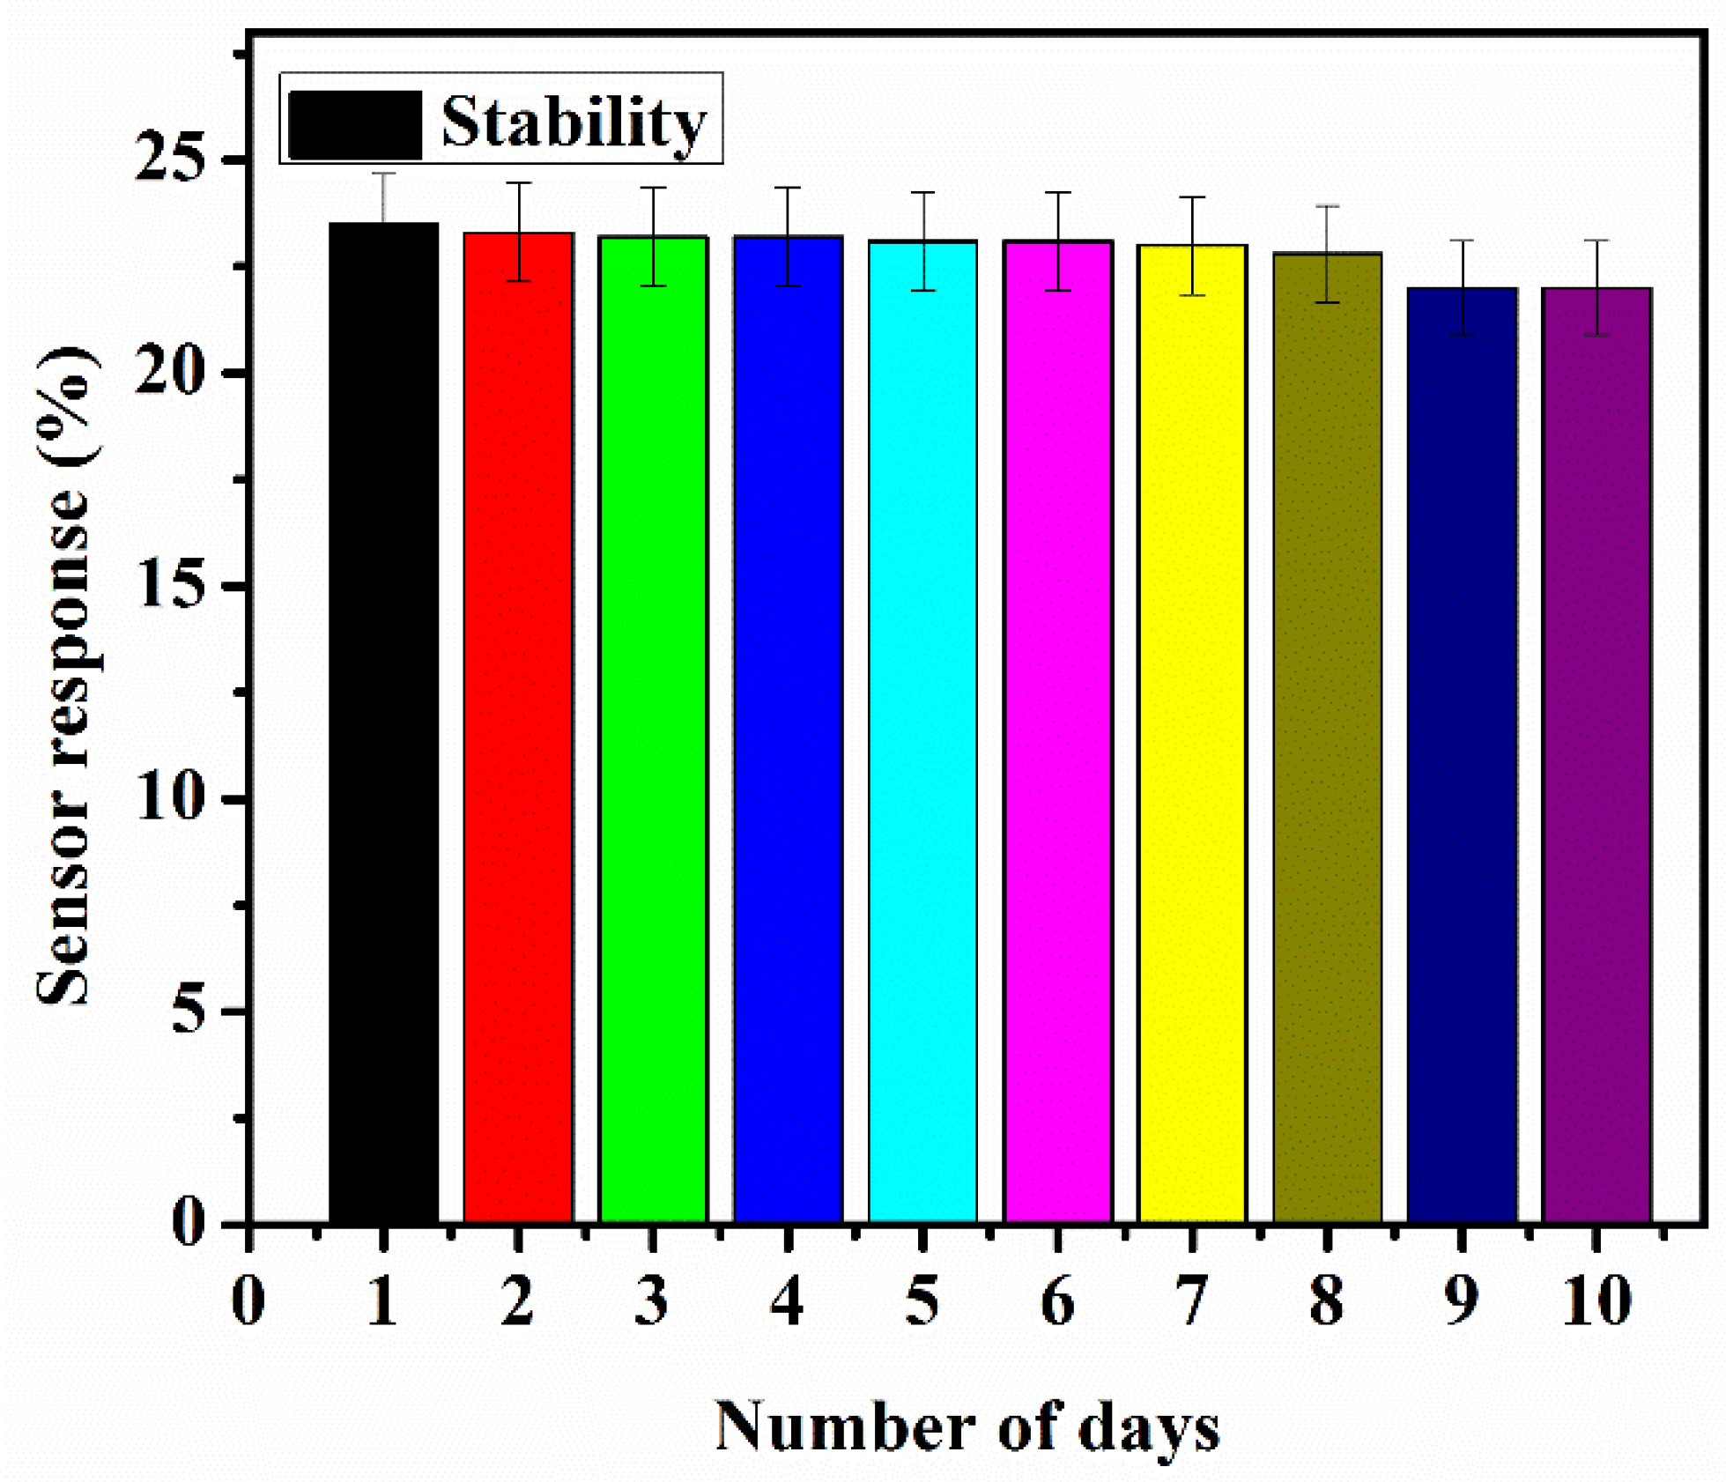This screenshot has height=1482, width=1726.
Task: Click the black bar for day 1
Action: coord(383,722)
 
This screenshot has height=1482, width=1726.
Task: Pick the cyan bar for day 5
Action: coord(922,731)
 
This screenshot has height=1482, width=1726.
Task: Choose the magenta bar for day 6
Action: coord(1057,731)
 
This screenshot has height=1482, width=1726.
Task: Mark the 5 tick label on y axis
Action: coord(190,1011)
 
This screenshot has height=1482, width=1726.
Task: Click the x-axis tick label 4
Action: coord(787,1300)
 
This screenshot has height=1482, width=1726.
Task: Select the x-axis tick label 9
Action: coord(1461,1300)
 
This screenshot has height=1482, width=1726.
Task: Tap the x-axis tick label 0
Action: coord(248,1300)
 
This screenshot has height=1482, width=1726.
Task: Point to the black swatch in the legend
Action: coord(355,124)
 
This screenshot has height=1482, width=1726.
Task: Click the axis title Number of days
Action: coord(967,1426)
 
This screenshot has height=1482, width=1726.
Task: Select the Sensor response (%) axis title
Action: coord(63,677)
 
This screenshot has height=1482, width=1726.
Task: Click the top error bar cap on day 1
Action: coord(383,174)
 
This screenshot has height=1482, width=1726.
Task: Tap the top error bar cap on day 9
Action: coord(1462,241)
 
